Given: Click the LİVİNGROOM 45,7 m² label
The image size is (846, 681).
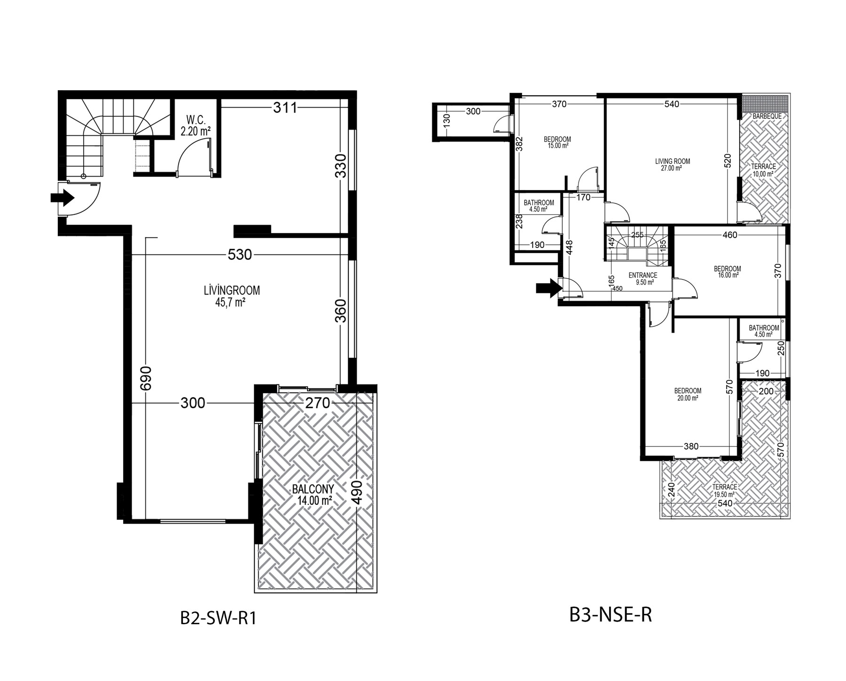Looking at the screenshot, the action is tap(232, 296).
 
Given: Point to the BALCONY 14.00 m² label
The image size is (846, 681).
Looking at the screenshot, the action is tap(313, 494).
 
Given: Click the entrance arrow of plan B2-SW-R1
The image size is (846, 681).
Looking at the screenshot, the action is tap(63, 198).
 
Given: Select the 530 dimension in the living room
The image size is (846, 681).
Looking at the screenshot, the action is tap(240, 255).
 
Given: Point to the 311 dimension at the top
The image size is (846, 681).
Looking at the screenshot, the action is tap(285, 108).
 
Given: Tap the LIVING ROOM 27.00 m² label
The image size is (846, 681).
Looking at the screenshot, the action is tap(672, 164).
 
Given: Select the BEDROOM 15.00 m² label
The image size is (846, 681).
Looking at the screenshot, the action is tap(557, 142).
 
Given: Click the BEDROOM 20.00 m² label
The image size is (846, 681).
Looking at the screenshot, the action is tap(688, 394).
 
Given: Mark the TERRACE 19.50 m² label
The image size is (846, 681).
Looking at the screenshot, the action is tap(724, 490).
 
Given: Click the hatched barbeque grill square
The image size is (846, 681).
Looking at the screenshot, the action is tap(765, 102).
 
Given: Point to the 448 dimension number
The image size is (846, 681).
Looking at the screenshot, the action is tap(569, 247).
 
